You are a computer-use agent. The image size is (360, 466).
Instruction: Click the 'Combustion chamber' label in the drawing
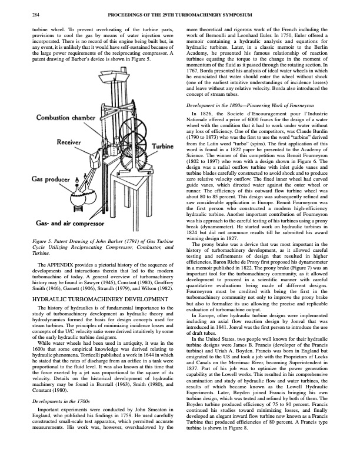[x=66, y=118]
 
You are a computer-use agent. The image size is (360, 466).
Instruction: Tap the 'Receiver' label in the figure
[x=69, y=142]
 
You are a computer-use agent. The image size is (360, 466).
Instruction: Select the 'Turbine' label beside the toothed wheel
[x=163, y=146]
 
